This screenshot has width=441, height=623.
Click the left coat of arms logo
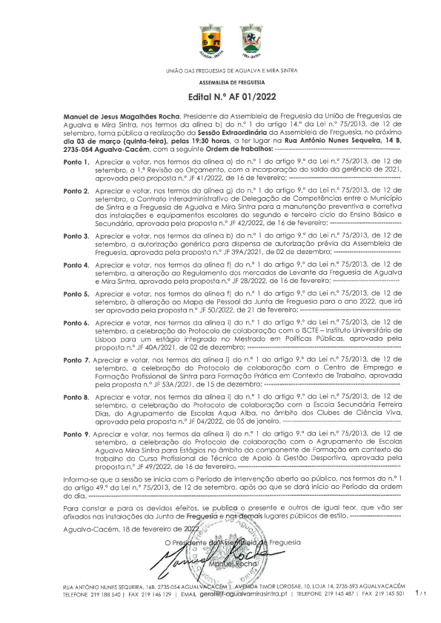click(x=207, y=41)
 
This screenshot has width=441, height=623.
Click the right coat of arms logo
click(x=249, y=41)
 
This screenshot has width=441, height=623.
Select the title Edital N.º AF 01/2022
click(x=220, y=97)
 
